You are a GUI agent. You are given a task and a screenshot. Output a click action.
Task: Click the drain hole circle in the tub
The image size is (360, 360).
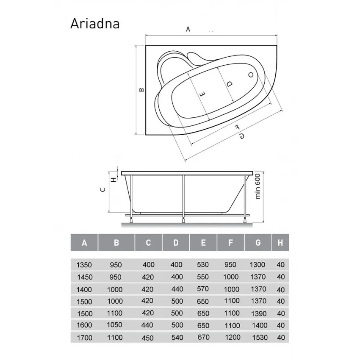pyautogui.click(x=251, y=75)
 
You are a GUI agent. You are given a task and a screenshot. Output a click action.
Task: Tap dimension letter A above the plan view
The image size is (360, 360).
pyautogui.click(x=188, y=29)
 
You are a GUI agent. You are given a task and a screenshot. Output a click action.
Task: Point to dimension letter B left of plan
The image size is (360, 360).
pyautogui.click(x=142, y=89)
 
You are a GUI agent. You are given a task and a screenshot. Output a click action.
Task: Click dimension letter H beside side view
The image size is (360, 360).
pyautogui.click(x=113, y=179)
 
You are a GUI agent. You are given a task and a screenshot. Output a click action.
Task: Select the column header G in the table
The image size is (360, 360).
pyautogui.click(x=258, y=243)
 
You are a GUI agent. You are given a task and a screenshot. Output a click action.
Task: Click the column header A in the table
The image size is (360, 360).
pyautogui.click(x=84, y=243)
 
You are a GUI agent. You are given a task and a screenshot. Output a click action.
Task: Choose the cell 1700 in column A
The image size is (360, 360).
pyautogui.click(x=83, y=338)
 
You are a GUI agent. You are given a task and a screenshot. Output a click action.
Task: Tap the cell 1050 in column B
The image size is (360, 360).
pyautogui.click(x=115, y=325)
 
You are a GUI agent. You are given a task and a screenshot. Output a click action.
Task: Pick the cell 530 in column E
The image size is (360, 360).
pyautogui.click(x=203, y=265)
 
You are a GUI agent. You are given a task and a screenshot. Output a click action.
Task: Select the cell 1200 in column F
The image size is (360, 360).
pyautogui.click(x=231, y=337)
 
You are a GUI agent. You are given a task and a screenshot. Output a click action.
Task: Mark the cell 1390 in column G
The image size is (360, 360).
pyautogui.click(x=258, y=313)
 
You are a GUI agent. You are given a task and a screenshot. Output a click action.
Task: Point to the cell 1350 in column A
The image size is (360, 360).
pyautogui.click(x=83, y=265)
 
